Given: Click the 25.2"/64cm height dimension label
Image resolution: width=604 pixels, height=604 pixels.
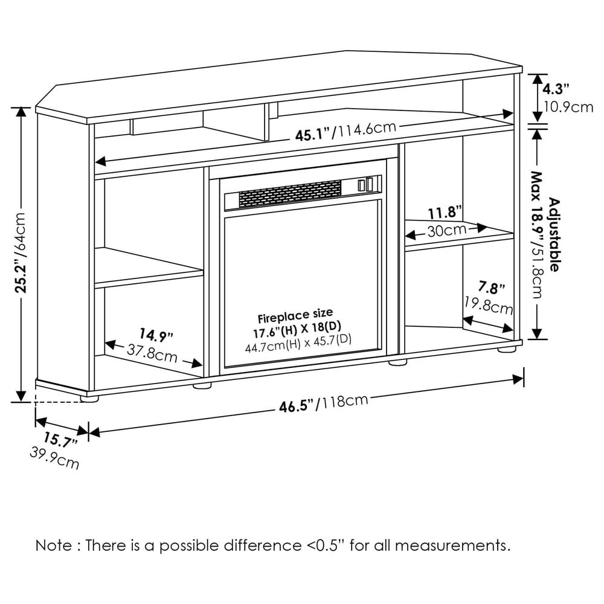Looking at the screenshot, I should click(x=21, y=252).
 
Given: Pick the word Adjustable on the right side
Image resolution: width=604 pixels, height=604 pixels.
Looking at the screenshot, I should click(x=554, y=236).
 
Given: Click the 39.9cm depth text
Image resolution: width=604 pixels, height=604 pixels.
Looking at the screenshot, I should click(x=54, y=459).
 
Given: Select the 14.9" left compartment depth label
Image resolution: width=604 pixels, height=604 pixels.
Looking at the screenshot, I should click(x=156, y=333).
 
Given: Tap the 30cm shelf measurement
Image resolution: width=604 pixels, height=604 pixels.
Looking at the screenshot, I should click(x=446, y=230).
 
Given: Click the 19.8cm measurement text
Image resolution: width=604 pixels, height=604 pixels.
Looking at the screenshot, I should click(x=488, y=304).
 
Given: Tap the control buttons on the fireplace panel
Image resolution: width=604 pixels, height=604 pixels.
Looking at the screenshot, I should click(x=365, y=185).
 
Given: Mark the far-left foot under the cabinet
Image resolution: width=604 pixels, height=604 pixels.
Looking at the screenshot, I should click(x=89, y=398).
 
